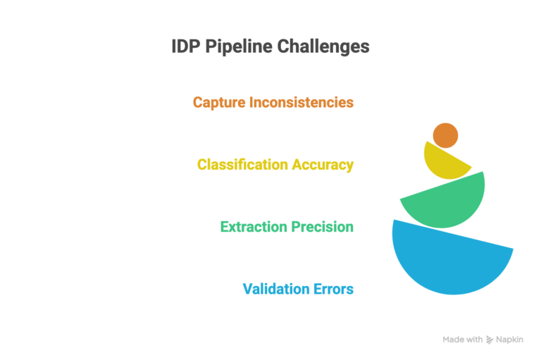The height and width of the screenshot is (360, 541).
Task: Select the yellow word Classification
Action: click(x=243, y=165)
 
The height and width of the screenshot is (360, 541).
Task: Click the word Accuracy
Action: click(x=323, y=165)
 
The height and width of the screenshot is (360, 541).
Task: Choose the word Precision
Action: click(x=322, y=227)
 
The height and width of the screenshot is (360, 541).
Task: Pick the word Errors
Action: click(x=332, y=289)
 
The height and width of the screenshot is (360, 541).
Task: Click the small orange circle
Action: click(x=445, y=135)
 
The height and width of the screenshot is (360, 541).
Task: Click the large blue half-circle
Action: click(x=444, y=261)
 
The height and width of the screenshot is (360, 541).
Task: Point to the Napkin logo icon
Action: click(x=490, y=340)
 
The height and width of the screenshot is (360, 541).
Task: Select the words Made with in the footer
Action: click(x=463, y=340)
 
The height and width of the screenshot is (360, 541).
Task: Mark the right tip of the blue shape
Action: click(x=512, y=249)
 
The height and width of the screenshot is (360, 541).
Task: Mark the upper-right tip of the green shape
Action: click(x=483, y=172)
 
